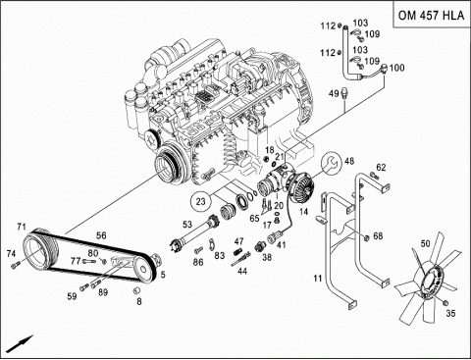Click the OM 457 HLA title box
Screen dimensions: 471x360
coord(431,15)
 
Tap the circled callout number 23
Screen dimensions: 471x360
coord(200,201)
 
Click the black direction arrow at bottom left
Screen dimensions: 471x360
coord(20,343)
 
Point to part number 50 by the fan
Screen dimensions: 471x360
coord(425,243)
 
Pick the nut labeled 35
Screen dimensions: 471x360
coord(445,303)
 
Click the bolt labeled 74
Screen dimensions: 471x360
coord(15,265)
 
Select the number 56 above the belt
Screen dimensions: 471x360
coord(101,235)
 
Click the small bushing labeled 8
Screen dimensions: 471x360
coord(136,289)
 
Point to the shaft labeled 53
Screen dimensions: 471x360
coord(193,232)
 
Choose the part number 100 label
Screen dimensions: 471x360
coord(397,68)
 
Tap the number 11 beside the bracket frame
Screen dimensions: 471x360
coord(318,279)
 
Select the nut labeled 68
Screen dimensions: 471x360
coord(367,237)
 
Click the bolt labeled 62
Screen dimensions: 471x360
coord(374,176)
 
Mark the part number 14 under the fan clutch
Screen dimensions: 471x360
coord(304,212)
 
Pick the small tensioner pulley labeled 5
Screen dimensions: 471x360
coord(144,269)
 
